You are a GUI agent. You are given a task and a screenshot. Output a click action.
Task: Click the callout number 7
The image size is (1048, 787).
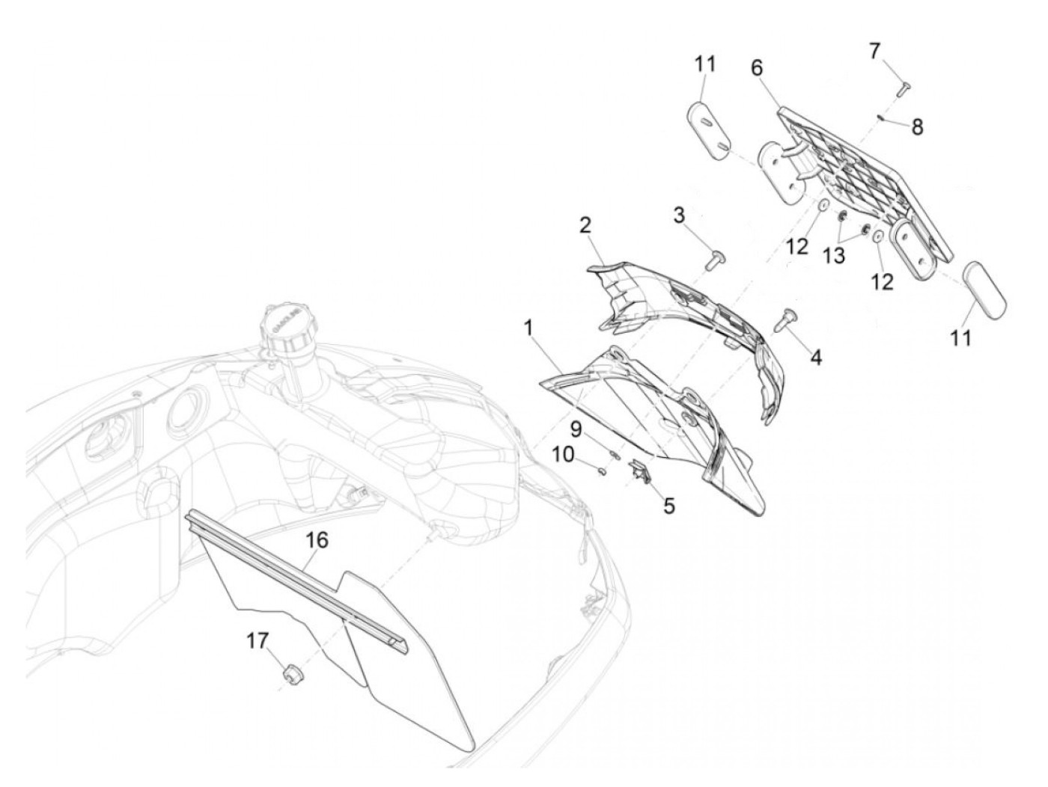click(x=874, y=51)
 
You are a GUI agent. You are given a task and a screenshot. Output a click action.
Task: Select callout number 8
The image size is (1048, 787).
click(x=917, y=127)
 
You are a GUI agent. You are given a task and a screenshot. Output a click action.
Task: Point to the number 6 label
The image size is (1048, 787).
click(x=757, y=68)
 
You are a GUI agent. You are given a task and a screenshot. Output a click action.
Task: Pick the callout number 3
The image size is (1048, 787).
click(x=679, y=215)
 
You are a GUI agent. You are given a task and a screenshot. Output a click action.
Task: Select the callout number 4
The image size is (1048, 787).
click(x=817, y=357)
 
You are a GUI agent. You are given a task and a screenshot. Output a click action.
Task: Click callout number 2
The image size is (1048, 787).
click(x=585, y=225)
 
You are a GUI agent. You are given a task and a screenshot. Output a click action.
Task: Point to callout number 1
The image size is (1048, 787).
click(x=528, y=328)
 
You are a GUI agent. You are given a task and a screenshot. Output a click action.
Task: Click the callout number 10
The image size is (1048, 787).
click(x=564, y=455)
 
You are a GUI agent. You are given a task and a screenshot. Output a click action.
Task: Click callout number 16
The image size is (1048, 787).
click(x=317, y=540)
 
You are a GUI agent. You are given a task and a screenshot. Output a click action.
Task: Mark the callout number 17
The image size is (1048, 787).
click(x=257, y=640)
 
